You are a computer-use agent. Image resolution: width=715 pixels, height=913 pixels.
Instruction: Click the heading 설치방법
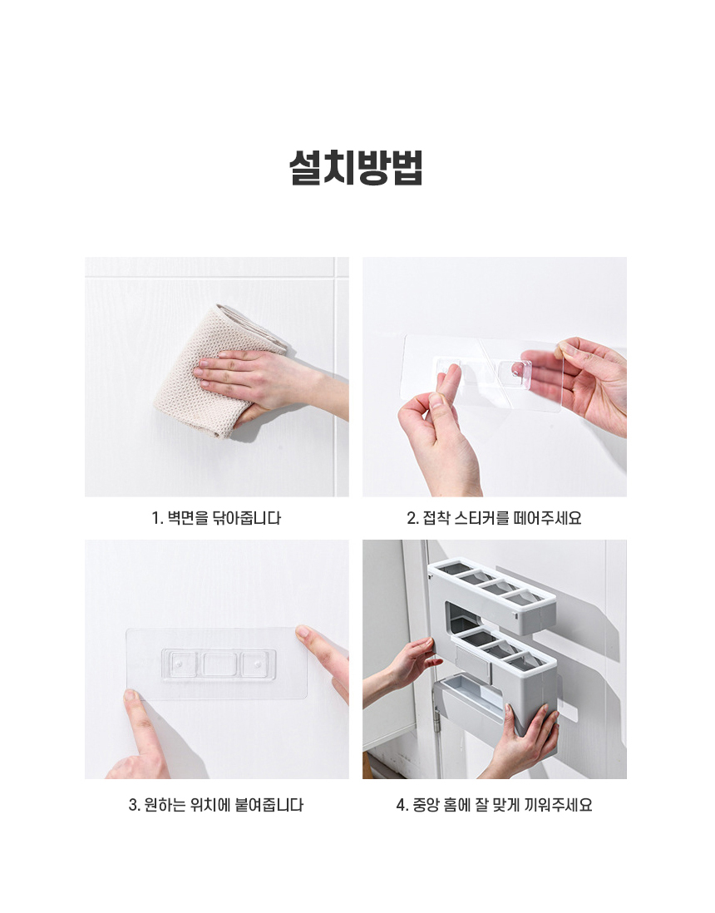[356, 168]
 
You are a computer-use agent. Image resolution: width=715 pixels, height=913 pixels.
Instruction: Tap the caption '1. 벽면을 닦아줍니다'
[216, 518]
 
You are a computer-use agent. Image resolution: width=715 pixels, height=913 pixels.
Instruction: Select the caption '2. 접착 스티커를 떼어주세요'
[495, 518]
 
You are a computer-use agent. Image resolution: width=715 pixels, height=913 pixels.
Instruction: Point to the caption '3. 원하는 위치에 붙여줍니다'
[216, 805]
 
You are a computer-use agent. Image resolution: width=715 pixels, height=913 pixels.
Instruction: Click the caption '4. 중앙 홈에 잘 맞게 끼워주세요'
[495, 805]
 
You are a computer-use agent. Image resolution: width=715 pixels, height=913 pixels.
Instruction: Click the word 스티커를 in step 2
[481, 518]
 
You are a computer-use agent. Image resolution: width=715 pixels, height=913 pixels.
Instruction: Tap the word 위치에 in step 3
[210, 805]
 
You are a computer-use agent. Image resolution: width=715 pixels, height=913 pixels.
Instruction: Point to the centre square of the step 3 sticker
[219, 664]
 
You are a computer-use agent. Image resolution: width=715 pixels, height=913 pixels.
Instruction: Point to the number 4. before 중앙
[402, 805]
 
